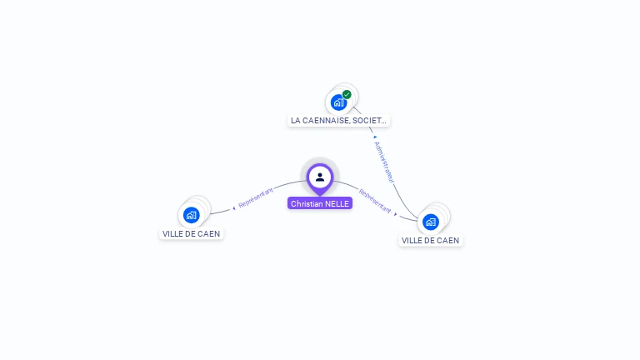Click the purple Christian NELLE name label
[x=320, y=203]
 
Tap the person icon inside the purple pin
[x=320, y=177]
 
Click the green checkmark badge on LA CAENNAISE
[x=347, y=94]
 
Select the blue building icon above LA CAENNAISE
[x=338, y=102]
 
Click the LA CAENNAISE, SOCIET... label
[x=338, y=120]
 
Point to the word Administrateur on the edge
[x=384, y=162]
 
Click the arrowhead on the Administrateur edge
[x=375, y=137]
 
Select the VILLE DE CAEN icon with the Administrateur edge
[x=431, y=222]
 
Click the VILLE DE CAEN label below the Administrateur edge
[x=430, y=240]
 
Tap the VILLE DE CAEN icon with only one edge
[x=191, y=215]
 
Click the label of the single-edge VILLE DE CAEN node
[x=191, y=233]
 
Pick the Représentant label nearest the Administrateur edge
[x=375, y=201]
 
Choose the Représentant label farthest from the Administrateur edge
[x=256, y=197]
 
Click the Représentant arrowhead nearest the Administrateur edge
[x=396, y=214]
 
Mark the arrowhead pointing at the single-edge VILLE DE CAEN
[x=234, y=208]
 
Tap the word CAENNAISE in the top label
[x=319, y=120]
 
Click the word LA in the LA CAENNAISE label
[x=296, y=120]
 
